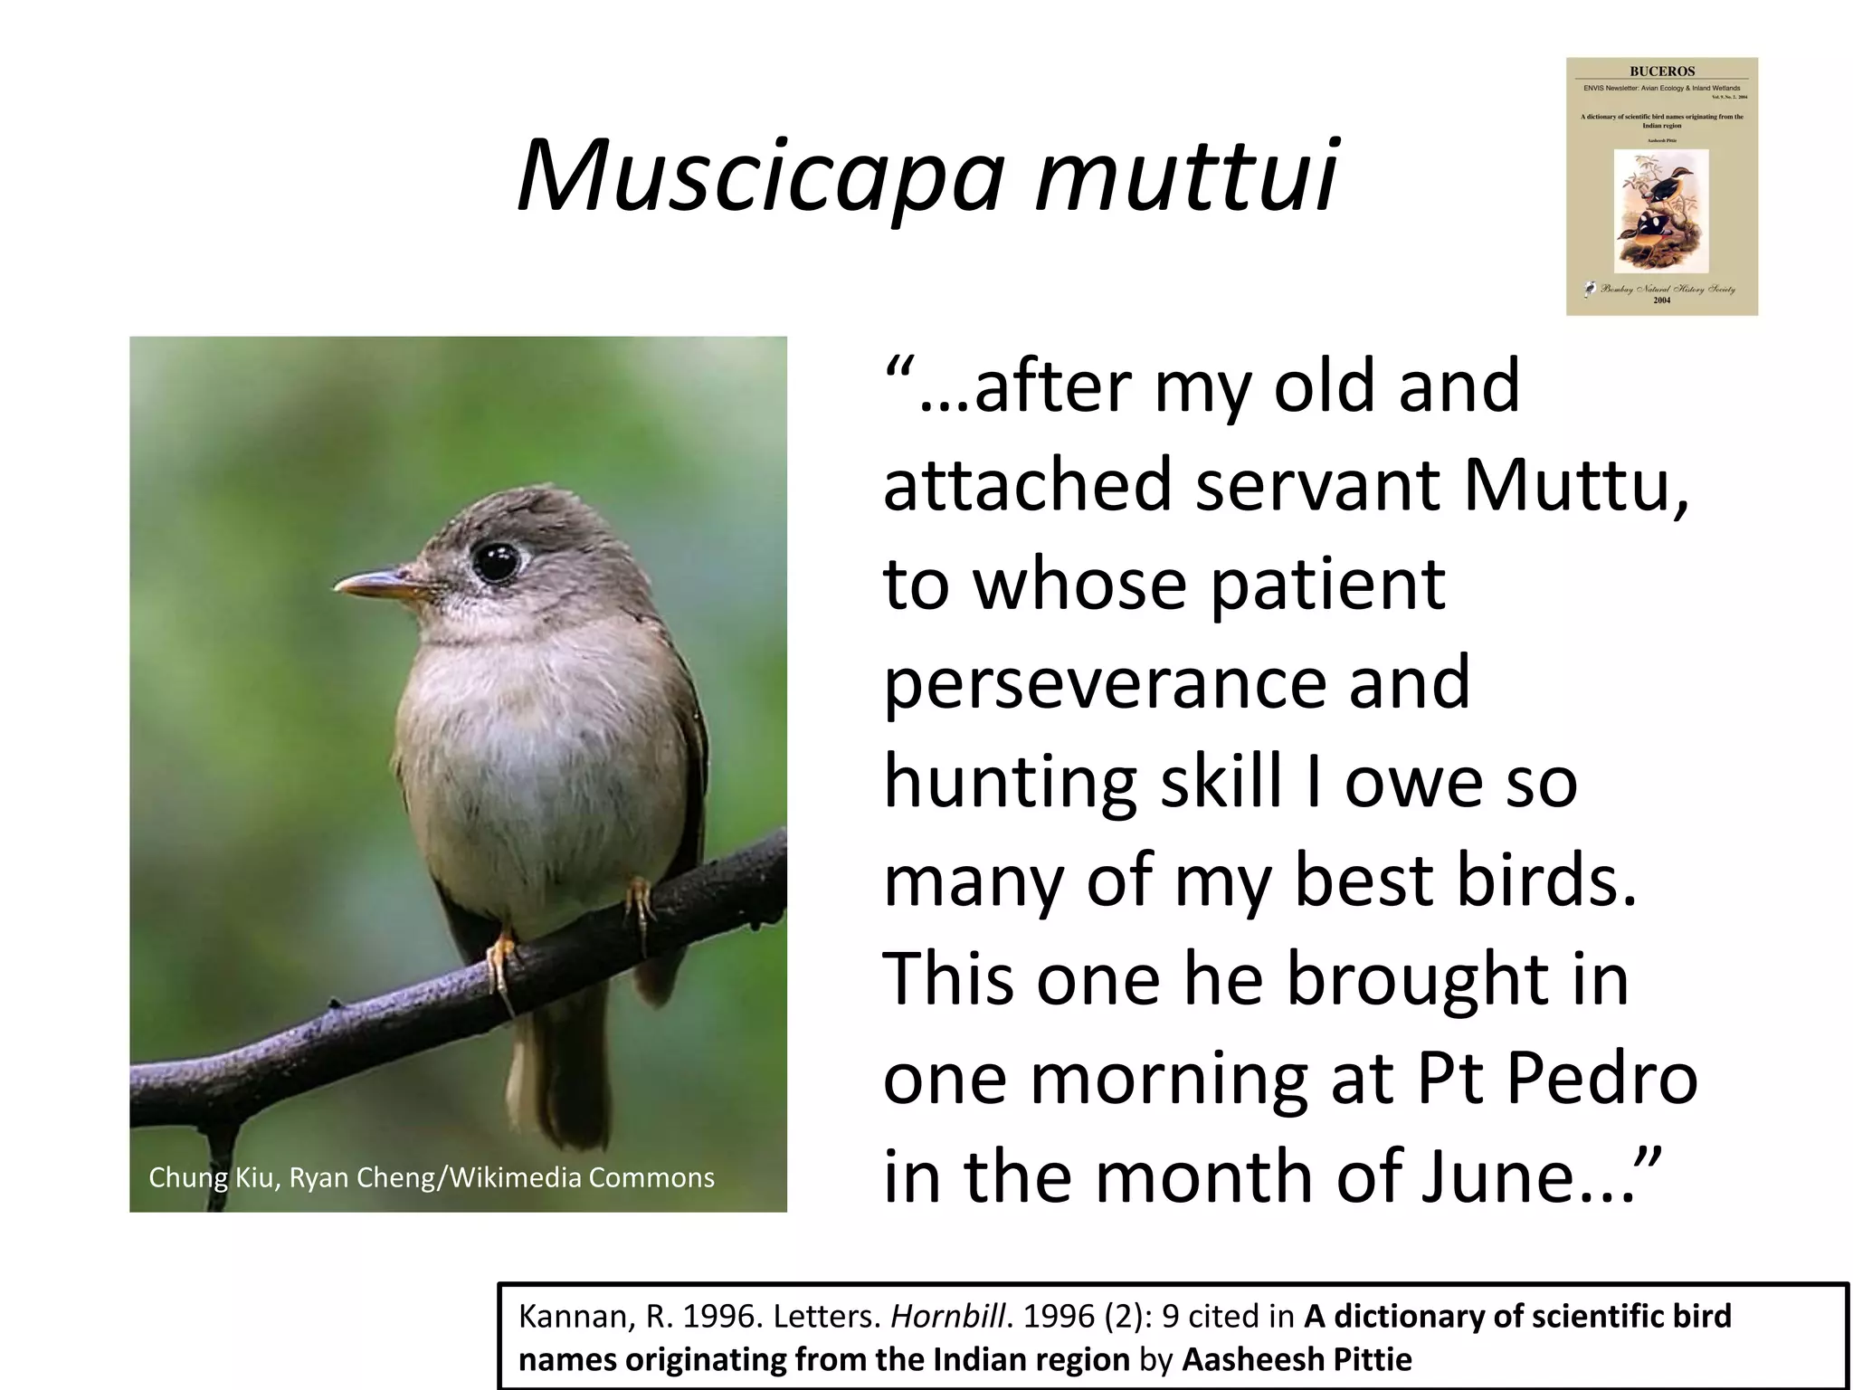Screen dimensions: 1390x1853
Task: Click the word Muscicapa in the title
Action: point(760,176)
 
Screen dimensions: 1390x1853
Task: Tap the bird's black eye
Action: point(496,562)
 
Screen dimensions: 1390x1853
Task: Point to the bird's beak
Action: point(375,585)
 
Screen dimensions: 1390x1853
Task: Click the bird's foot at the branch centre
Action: point(499,959)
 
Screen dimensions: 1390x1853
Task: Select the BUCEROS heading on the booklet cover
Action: point(1662,71)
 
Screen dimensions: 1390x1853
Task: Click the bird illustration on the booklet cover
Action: point(1661,211)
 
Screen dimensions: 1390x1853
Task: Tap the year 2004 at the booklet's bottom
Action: point(1662,300)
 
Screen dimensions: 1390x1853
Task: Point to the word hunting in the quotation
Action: point(1009,783)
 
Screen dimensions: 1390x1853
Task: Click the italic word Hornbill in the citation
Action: point(947,1316)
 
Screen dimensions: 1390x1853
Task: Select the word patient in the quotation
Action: point(1327,585)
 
